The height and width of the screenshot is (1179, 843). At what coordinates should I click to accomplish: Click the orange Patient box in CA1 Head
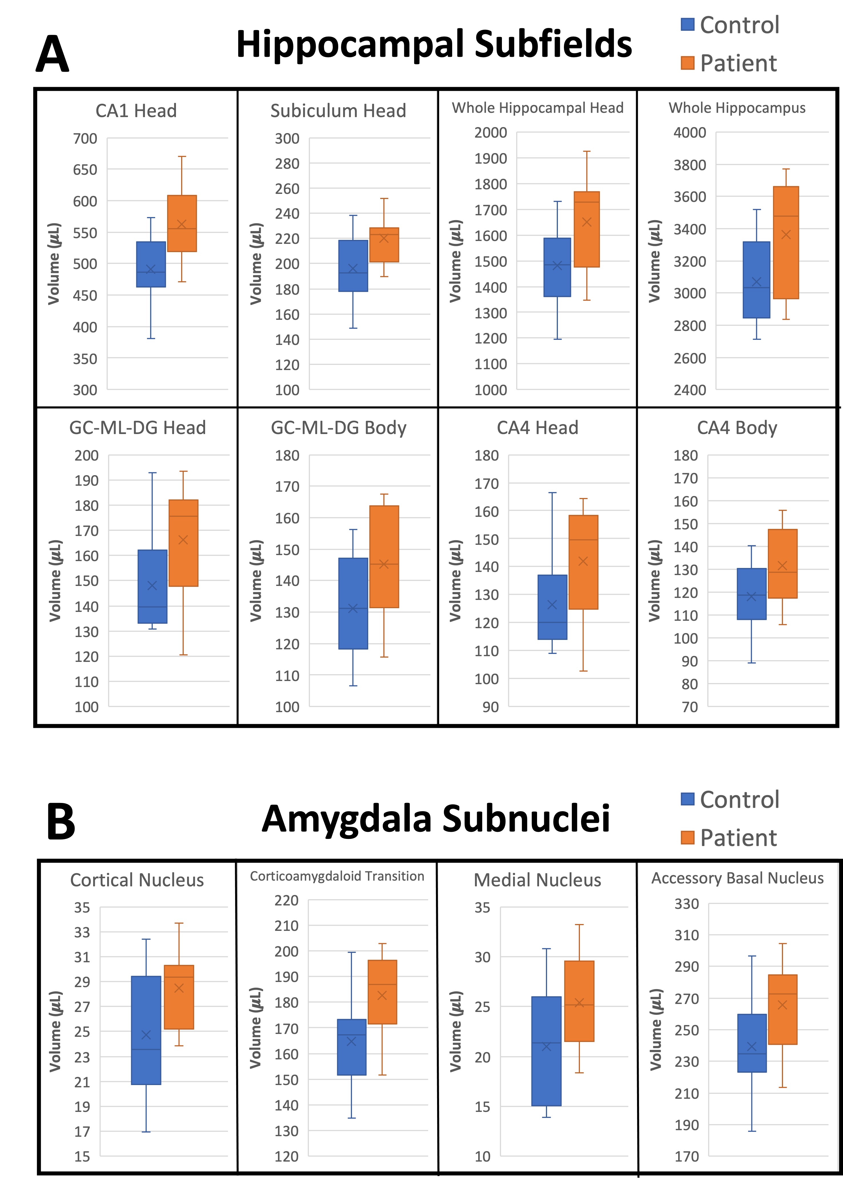(x=182, y=223)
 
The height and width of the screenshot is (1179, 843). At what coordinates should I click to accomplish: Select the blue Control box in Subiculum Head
(x=353, y=266)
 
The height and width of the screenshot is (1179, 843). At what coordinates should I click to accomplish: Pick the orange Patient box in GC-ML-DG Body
(x=384, y=556)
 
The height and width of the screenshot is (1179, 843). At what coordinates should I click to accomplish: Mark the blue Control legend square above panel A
(x=687, y=24)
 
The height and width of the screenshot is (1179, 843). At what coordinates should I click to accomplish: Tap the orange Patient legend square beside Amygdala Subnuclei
(x=687, y=837)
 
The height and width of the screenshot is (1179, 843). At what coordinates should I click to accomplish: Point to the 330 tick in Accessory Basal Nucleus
(x=686, y=904)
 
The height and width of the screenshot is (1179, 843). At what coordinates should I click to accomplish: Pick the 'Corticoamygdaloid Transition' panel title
(x=337, y=876)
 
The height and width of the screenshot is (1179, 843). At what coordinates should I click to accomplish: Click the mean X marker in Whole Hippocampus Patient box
(x=786, y=234)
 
